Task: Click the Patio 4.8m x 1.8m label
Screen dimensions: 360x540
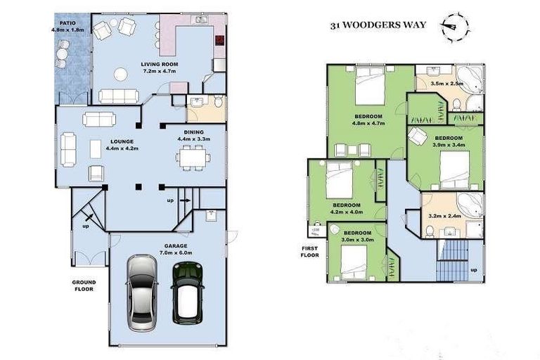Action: [x=67, y=27]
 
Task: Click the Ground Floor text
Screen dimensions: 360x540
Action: [x=84, y=286]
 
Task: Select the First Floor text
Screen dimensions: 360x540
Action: [x=310, y=252]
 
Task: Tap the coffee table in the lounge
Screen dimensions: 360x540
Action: [x=96, y=148]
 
